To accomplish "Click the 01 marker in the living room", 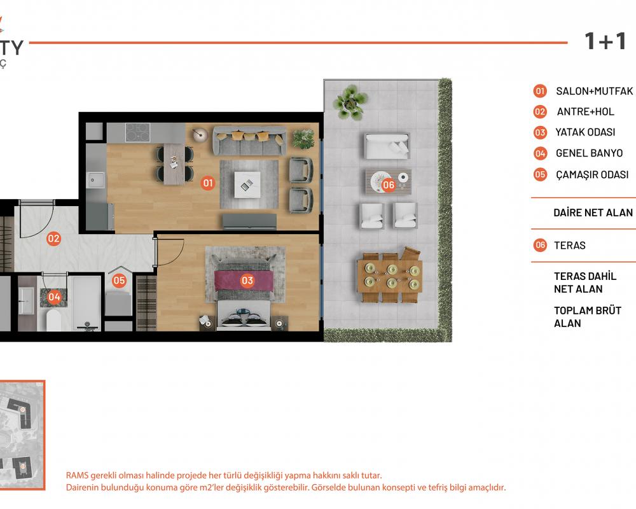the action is (x=208, y=183).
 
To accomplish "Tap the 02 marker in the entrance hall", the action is (x=53, y=238).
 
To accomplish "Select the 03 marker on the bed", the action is (x=247, y=281).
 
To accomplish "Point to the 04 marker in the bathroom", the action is (x=54, y=296).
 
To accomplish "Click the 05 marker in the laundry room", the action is (x=119, y=280).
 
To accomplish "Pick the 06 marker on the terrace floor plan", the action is (x=388, y=185).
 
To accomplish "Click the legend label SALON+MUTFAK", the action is (x=594, y=91).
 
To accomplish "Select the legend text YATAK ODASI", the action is (x=585, y=132).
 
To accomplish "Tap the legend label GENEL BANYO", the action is (x=589, y=153).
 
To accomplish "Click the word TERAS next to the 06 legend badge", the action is (x=569, y=245).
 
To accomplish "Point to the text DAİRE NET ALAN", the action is (x=593, y=213).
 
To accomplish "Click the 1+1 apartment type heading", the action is (x=605, y=41).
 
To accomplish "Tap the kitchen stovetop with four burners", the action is (x=137, y=132).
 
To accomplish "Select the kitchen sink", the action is (x=96, y=180).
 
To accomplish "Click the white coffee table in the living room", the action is (x=247, y=185).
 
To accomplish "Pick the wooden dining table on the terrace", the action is (x=390, y=275).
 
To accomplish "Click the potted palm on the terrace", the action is (x=350, y=101).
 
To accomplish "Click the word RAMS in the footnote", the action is (x=77, y=475).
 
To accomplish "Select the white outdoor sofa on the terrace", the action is (x=387, y=146).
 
